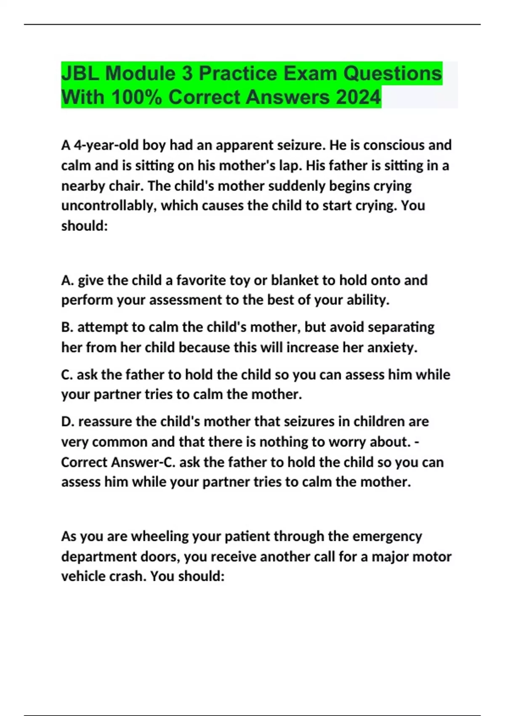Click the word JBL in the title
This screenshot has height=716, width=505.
pyautogui.click(x=80, y=73)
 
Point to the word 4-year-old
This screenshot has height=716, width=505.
pyautogui.click(x=106, y=145)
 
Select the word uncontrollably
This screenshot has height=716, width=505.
pyautogui.click(x=109, y=206)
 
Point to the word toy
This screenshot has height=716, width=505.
pyautogui.click(x=240, y=280)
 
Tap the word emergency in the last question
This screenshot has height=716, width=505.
pyautogui.click(x=387, y=536)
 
